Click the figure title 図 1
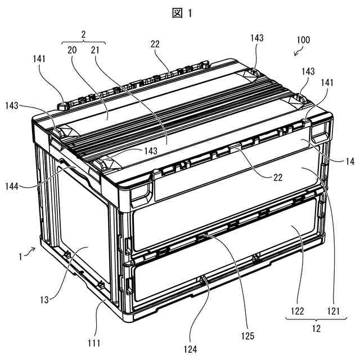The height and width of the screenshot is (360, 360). tap(179, 13)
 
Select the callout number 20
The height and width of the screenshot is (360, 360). tap(73, 49)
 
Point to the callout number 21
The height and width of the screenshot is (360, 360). tap(96, 49)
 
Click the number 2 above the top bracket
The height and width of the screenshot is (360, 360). tap(83, 34)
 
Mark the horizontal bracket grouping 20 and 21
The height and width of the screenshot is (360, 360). tap(83, 42)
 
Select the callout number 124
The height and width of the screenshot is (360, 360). tap(190, 349)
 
